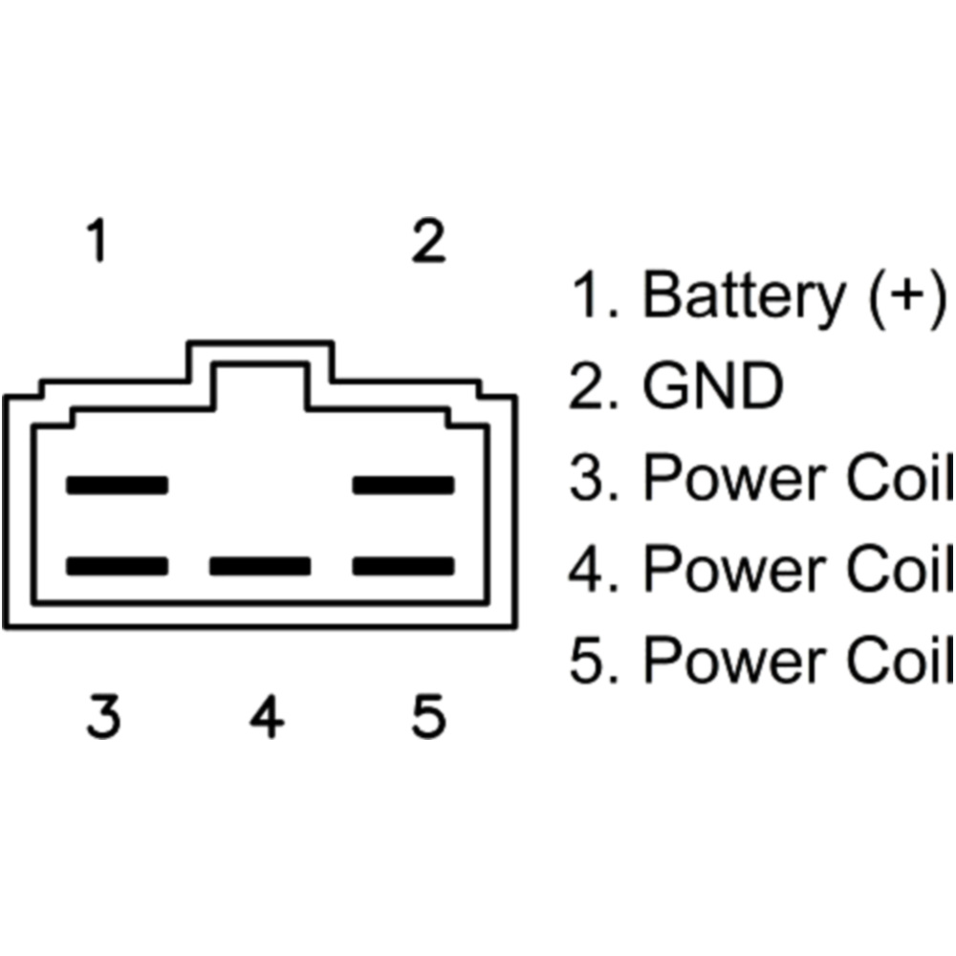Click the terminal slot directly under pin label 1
pos(117,485)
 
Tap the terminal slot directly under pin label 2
pos(402,485)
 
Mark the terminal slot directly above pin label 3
pos(117,566)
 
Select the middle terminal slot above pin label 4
pos(260,566)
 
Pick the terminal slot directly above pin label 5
pos(402,566)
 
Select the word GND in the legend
pos(712,386)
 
